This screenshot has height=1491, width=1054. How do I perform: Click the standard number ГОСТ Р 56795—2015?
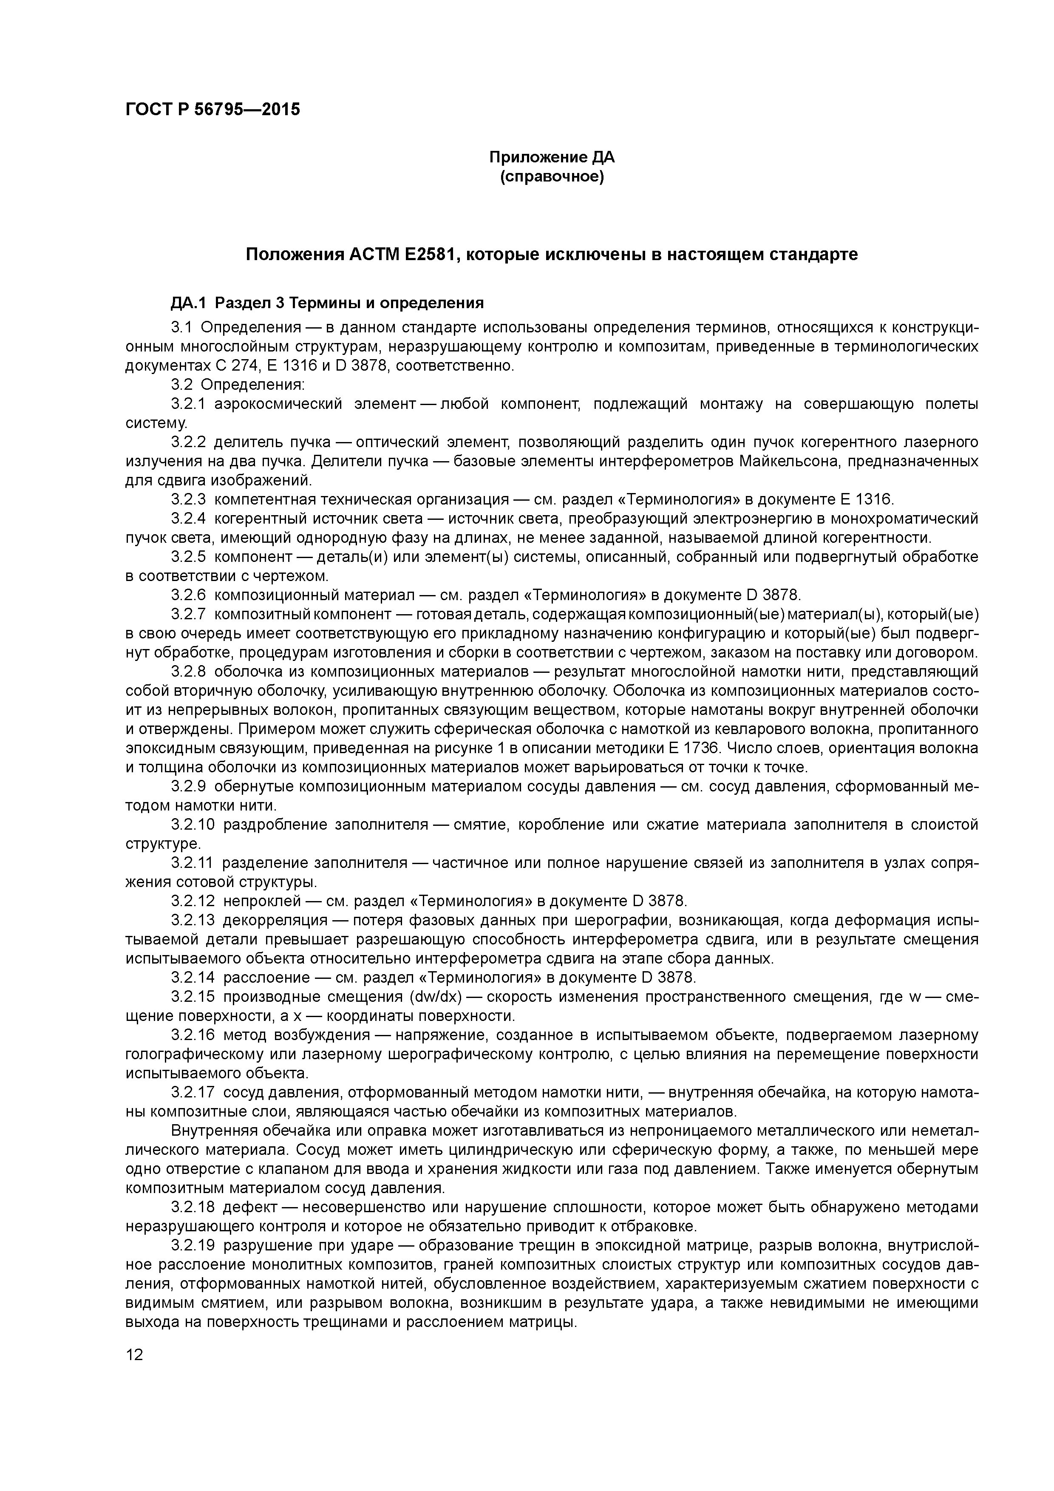click(x=212, y=109)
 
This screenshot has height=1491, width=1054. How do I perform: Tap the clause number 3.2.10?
click(x=192, y=825)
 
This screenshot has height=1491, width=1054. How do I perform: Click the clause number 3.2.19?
click(x=192, y=1245)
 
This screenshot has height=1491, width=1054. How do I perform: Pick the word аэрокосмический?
click(x=278, y=405)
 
